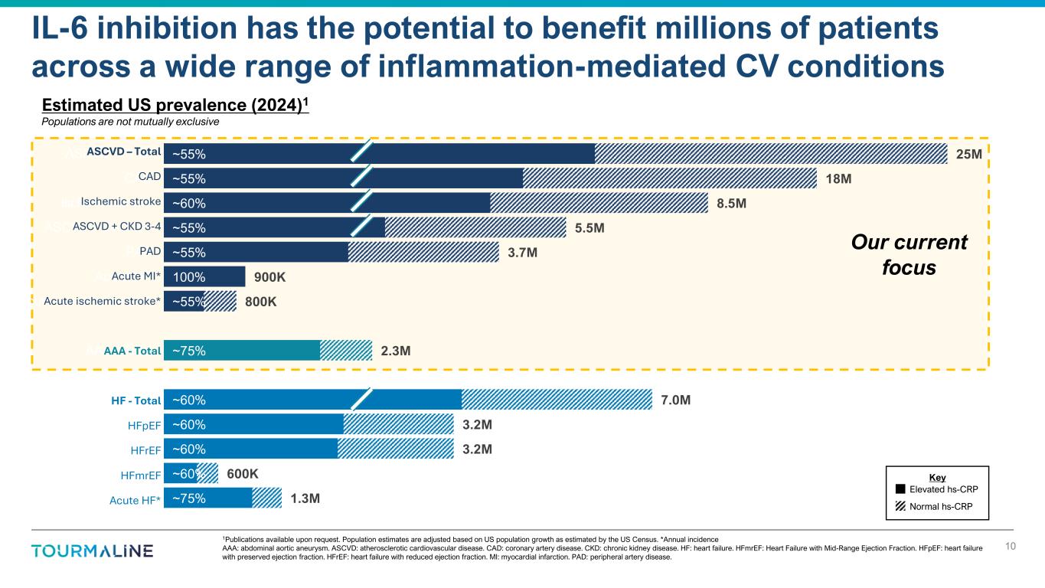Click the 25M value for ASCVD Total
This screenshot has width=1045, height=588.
(x=968, y=155)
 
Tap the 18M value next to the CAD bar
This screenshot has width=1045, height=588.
(x=838, y=179)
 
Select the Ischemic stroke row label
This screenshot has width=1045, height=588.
(x=120, y=202)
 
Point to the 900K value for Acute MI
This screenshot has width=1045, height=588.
(x=269, y=277)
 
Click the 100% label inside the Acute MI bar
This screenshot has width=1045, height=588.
(x=188, y=277)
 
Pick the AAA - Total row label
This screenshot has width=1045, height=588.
(x=132, y=351)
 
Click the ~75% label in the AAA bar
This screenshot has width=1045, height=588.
(x=188, y=351)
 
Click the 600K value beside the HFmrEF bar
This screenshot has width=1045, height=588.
(x=243, y=475)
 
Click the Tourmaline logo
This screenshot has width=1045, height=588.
(x=92, y=551)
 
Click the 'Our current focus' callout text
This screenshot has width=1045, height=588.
(x=910, y=256)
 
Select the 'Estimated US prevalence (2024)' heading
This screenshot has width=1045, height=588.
(x=175, y=106)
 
